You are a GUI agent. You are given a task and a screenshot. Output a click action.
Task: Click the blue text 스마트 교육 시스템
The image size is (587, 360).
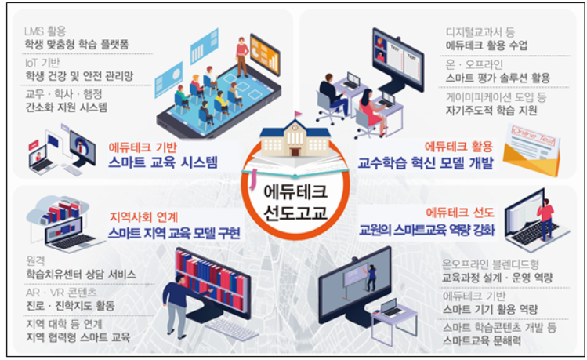click(x=162, y=162)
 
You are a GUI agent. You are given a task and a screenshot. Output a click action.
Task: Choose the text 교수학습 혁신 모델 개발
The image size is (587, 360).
click(x=426, y=163)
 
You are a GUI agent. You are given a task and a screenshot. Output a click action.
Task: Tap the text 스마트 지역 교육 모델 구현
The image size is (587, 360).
click(x=175, y=233)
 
